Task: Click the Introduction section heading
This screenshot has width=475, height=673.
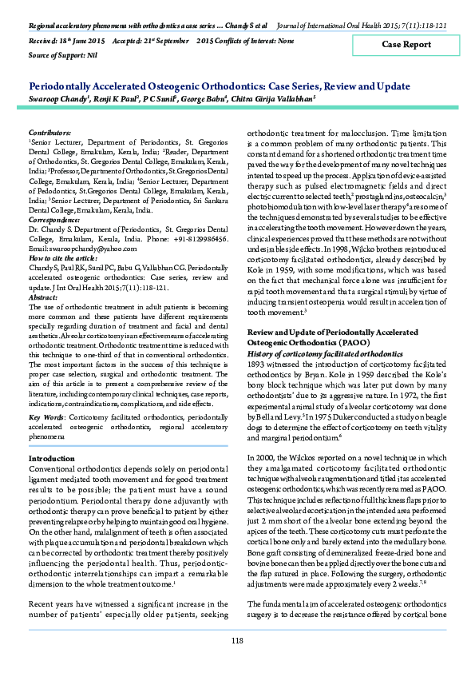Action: (51, 458)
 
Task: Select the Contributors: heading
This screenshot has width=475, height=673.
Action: (49, 129)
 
